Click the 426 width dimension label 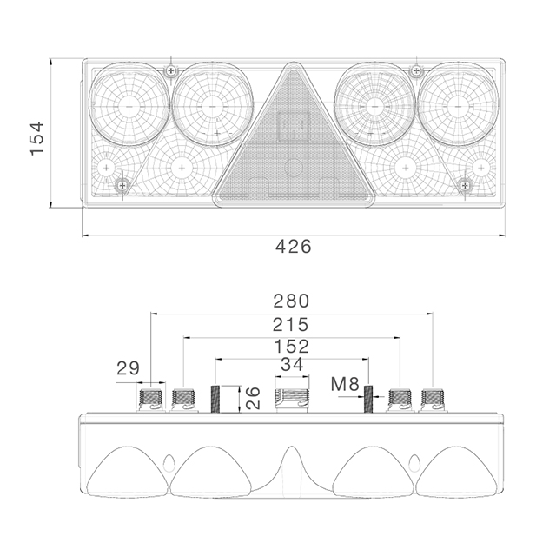click(x=294, y=247)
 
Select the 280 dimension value click(x=291, y=301)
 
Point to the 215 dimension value click(x=291, y=325)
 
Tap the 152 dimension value click(x=291, y=347)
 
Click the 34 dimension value click(x=293, y=365)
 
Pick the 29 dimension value click(x=129, y=368)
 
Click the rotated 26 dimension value click(x=251, y=399)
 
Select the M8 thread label click(x=344, y=383)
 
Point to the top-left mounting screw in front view click(x=172, y=69)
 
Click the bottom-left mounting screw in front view click(x=122, y=184)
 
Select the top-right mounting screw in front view click(x=415, y=69)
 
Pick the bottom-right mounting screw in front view click(x=465, y=184)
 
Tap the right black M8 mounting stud click(x=368, y=400)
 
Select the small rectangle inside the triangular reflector click(x=293, y=128)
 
